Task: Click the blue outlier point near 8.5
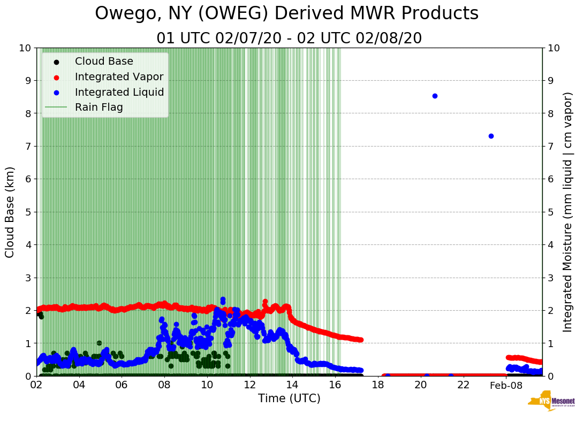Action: [x=435, y=96]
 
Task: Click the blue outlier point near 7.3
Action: [x=491, y=136]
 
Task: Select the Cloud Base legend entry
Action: [x=104, y=62]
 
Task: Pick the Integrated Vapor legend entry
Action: [x=119, y=77]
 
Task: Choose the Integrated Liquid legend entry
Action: [x=119, y=93]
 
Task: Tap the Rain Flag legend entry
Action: [x=99, y=107]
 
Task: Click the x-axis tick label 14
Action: [x=292, y=385]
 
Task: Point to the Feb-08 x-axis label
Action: [x=506, y=385]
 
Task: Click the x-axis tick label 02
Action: [x=36, y=385]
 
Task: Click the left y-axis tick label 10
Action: [x=25, y=48]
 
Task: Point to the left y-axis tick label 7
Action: [x=27, y=147]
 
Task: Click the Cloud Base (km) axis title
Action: [x=10, y=212]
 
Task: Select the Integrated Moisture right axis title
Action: [x=569, y=212]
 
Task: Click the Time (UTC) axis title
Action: [x=289, y=398]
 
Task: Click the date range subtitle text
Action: [x=289, y=39]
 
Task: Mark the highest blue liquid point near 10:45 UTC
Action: [x=223, y=300]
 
